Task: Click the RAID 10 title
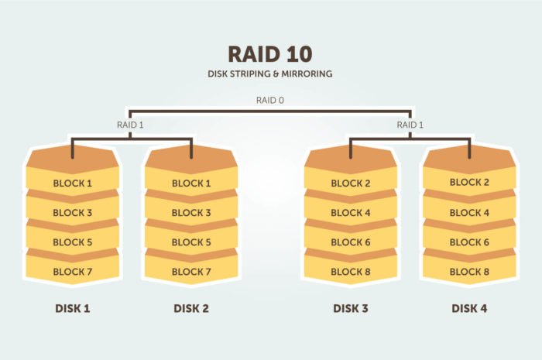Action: [x=270, y=54]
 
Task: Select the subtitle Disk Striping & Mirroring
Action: [x=270, y=74]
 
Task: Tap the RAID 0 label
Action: [x=270, y=100]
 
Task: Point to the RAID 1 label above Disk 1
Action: [x=130, y=125]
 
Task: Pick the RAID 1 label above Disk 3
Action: [x=410, y=125]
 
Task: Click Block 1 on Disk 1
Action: [x=73, y=183]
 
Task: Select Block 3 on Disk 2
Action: [x=191, y=212]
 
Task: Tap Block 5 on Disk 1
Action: [x=73, y=242]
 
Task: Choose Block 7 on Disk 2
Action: [x=191, y=272]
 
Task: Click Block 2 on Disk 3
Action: [x=351, y=183]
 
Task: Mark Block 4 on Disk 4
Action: [x=469, y=212]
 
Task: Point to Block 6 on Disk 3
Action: [x=351, y=242]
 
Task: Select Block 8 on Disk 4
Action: [x=469, y=272]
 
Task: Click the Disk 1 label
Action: [x=73, y=308]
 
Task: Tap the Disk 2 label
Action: [x=191, y=308]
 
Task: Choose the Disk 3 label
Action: [x=351, y=308]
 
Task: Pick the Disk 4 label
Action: [x=469, y=308]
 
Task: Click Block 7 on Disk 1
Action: [x=73, y=272]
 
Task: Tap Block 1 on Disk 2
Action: [x=191, y=183]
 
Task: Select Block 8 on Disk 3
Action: [x=351, y=272]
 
